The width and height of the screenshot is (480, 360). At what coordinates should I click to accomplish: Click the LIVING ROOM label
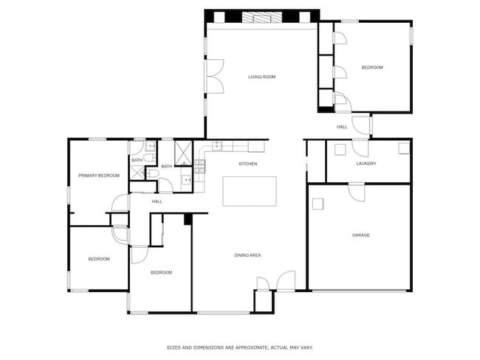pyautogui.click(x=261, y=77)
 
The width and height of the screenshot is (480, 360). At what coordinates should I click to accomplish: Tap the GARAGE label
pyautogui.click(x=360, y=235)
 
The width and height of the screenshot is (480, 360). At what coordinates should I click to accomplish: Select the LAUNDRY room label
pyautogui.click(x=366, y=164)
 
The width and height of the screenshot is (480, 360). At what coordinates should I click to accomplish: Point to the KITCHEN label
pyautogui.click(x=247, y=164)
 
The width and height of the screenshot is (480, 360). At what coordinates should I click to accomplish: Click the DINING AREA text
pyautogui.click(x=247, y=255)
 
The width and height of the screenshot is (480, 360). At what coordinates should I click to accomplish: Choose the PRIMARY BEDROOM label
pyautogui.click(x=99, y=176)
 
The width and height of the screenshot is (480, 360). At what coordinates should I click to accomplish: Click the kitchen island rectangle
pyautogui.click(x=250, y=191)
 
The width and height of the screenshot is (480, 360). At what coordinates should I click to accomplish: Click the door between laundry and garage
pyautogui.click(x=357, y=190)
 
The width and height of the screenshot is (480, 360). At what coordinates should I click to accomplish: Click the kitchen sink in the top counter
pyautogui.click(x=217, y=146)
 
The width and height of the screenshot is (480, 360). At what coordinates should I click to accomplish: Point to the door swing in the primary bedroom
pyautogui.click(x=120, y=203)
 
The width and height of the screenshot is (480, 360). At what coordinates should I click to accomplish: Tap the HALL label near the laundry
pyautogui.click(x=342, y=127)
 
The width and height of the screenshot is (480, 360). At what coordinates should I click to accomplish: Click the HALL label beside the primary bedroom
pyautogui.click(x=157, y=201)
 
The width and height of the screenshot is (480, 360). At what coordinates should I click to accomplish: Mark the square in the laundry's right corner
pyautogui.click(x=403, y=148)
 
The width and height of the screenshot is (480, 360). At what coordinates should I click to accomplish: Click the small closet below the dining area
pyautogui.click(x=263, y=301)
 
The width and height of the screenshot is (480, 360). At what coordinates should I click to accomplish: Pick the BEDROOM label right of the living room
pyautogui.click(x=372, y=68)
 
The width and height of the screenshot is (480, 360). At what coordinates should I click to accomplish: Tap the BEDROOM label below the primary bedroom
pyautogui.click(x=99, y=259)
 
